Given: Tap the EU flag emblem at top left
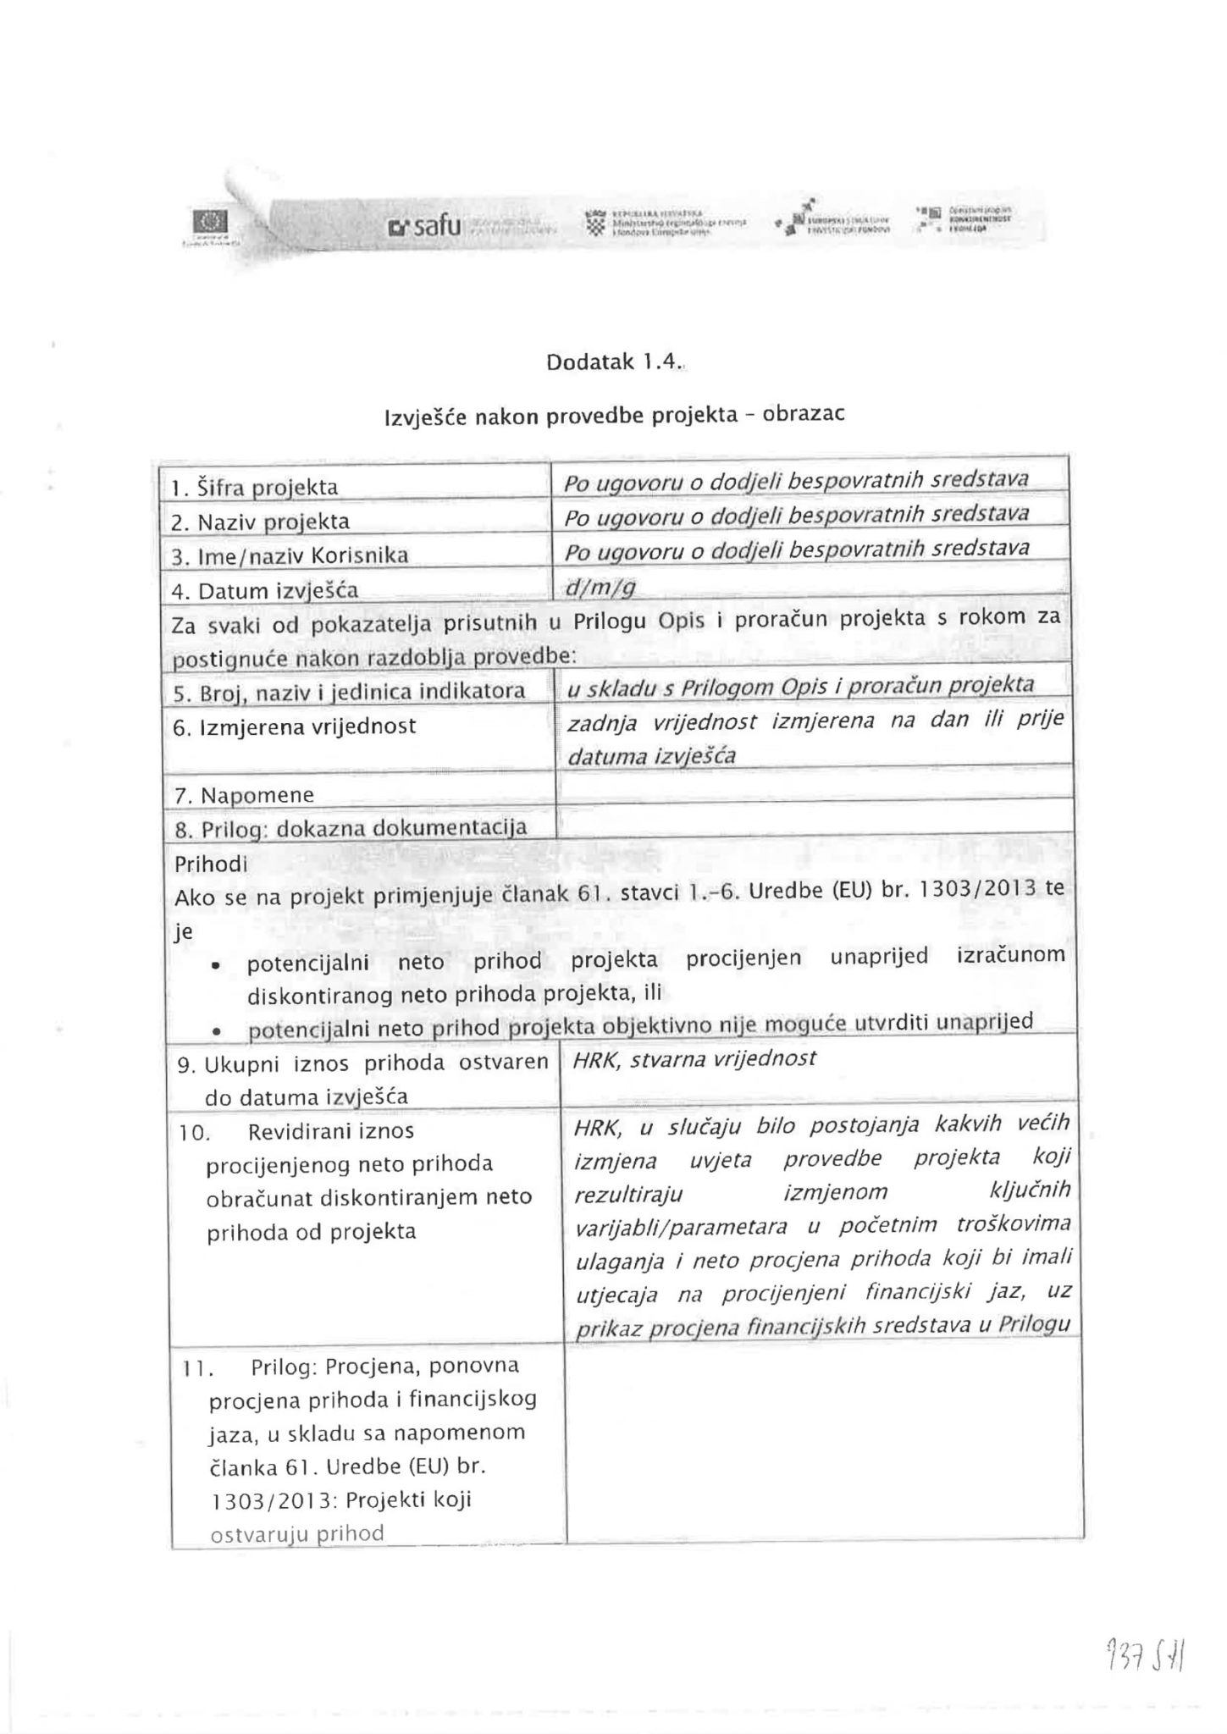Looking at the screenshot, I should (x=207, y=222).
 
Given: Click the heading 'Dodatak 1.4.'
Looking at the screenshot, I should (x=613, y=362).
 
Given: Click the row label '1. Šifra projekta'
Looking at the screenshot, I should (x=254, y=488).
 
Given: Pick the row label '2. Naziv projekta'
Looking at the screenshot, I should (x=261, y=522).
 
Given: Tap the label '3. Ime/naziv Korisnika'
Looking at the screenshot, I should (x=290, y=555).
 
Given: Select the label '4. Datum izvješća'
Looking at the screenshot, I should (x=264, y=589).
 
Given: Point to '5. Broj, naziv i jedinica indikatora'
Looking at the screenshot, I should (x=349, y=692).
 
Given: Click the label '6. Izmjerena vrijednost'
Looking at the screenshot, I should (x=294, y=726).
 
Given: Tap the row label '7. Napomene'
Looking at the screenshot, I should (x=244, y=795).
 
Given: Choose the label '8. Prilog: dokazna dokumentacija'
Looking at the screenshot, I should (x=351, y=828).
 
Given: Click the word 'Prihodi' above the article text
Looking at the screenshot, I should (x=211, y=864).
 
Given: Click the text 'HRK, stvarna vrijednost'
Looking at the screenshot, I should (x=694, y=1058).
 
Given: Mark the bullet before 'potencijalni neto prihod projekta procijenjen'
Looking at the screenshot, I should (x=217, y=966).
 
